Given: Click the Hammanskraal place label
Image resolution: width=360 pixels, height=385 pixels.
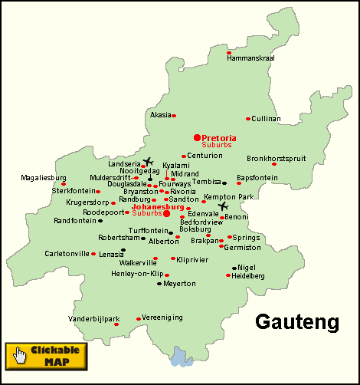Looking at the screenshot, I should point(250,58).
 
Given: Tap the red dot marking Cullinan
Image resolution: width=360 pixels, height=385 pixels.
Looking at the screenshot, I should point(248,119).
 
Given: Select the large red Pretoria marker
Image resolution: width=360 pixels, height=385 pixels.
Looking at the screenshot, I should point(197,137).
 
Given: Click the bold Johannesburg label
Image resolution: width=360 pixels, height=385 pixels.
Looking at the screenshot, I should point(158,206).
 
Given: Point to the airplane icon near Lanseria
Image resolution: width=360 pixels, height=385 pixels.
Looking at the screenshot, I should point(148,162).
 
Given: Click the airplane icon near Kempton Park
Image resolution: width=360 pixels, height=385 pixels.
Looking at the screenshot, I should point(223,206).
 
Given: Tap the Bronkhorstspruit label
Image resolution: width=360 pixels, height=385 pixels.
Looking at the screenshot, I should point(277,159).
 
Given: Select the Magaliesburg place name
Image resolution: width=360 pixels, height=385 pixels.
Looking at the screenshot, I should point(44,177).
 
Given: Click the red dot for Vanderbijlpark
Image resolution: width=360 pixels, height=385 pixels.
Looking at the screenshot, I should point(116,324).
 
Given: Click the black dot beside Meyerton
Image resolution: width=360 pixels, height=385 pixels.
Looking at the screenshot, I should point(159,284).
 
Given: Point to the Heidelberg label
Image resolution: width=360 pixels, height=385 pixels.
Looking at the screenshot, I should point(248,275).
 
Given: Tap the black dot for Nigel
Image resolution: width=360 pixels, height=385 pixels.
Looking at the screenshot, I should point(234,268).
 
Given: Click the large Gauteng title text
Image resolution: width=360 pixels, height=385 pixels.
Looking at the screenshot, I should point(296,321).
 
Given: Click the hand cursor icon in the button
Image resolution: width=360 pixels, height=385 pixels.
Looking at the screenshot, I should point(21,355).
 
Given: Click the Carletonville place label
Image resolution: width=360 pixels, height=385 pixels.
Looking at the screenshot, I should point(67,253).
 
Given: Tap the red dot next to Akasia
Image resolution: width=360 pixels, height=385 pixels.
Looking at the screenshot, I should point(174,116).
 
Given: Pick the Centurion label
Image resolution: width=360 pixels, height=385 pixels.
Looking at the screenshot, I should point(205,156).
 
